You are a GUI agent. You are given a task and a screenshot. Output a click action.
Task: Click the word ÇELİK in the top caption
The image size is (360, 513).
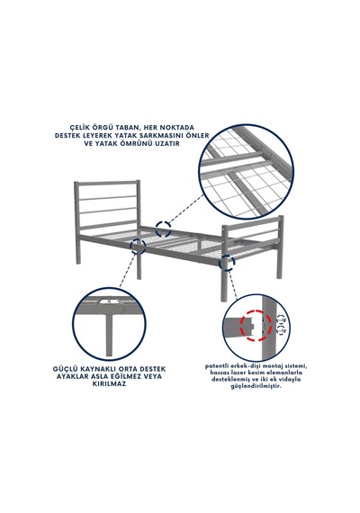click(81, 127)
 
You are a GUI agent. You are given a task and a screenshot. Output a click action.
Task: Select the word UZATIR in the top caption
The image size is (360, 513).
click(166, 143)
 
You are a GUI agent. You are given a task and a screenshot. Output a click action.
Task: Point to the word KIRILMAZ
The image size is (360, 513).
click(109, 384)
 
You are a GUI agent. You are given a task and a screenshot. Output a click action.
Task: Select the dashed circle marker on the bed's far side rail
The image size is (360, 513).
click(163, 229)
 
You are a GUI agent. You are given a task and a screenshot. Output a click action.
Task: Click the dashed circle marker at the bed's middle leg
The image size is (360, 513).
click(138, 247)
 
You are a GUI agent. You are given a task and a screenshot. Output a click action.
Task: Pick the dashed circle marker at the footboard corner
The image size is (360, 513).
click(227, 263)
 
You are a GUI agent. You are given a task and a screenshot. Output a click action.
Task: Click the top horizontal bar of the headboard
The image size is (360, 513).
click(107, 183)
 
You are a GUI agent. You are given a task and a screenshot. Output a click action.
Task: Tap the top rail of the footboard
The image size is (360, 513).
click(252, 221)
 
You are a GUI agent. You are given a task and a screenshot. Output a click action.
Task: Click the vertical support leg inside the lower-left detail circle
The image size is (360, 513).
click(109, 335)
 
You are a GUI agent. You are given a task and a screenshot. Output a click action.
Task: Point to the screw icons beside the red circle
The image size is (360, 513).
click(281, 324)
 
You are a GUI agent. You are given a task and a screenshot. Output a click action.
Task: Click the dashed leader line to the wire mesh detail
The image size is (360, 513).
click(186, 209)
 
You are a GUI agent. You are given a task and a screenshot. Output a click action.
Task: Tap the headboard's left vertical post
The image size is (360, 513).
click(76, 222)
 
